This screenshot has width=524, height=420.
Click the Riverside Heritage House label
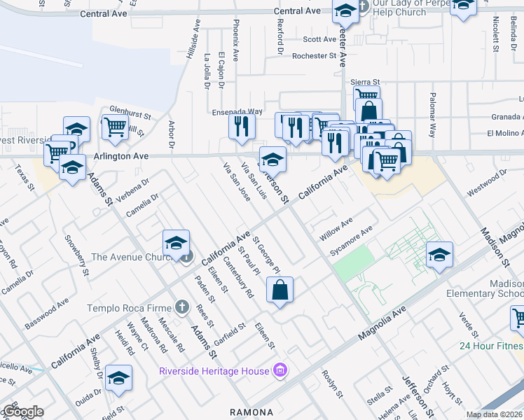tap(214, 371)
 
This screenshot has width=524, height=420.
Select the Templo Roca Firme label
tap(130, 308)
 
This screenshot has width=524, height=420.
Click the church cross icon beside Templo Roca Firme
tap(181, 307)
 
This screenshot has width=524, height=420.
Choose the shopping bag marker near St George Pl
tap(280, 290)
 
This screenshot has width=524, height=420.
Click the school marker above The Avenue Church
tap(177, 244)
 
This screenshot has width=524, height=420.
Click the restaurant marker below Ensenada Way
tap(242, 127)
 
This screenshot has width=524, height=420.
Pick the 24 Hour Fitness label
tap(491, 346)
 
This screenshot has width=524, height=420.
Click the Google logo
tap(22, 412)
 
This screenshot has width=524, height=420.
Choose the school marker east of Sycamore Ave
tap(439, 255)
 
